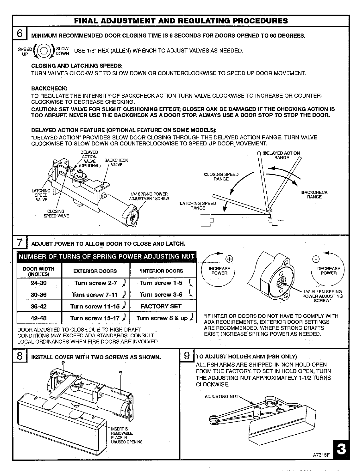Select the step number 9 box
click(x=186, y=356)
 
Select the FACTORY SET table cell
click(x=161, y=306)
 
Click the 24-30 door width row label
click(x=39, y=283)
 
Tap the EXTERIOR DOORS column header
click(x=95, y=271)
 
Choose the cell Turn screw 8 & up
click(x=163, y=318)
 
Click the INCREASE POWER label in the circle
click(x=219, y=271)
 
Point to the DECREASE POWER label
click(x=328, y=271)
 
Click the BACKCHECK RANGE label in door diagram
click(x=314, y=194)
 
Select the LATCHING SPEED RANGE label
click(x=198, y=206)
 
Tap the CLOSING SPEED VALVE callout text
click(x=56, y=214)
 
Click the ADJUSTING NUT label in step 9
click(x=222, y=396)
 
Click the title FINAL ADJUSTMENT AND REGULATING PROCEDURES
click(x=181, y=21)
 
